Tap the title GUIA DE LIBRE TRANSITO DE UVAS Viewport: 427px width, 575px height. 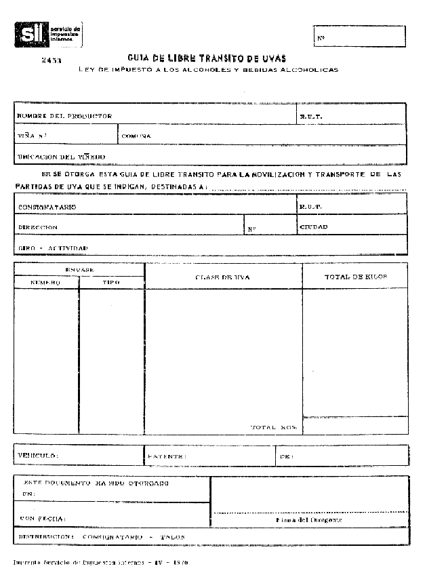207,58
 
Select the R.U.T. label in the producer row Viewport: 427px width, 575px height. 311,117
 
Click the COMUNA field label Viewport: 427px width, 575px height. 136,136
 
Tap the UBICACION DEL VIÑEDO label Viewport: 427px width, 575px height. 61,157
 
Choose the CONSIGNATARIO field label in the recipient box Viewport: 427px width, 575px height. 47,206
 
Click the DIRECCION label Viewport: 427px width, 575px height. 37,227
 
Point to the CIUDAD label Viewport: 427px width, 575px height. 314,226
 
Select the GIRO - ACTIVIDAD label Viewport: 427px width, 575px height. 54,248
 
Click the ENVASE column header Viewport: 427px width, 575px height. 80,270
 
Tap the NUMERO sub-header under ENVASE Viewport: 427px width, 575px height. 45,282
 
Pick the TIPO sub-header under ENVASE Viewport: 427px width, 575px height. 111,282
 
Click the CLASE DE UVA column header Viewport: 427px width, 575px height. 223,277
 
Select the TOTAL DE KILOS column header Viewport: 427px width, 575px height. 355,277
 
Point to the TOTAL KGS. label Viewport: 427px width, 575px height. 274,428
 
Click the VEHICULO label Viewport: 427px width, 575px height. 38,455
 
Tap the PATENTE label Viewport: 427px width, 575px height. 166,457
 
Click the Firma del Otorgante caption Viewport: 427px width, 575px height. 309,520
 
